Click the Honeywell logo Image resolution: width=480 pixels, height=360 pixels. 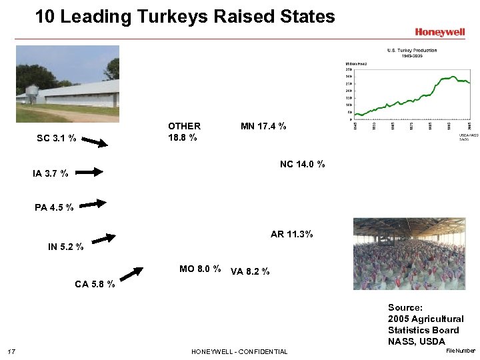439,31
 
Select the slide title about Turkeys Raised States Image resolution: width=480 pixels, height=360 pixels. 185,16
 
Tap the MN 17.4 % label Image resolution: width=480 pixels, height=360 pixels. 263,126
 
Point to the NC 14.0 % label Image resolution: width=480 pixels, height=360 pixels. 302,164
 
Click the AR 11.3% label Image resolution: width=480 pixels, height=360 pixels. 291,235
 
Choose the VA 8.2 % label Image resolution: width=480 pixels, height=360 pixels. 250,271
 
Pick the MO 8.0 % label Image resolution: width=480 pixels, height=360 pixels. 200,269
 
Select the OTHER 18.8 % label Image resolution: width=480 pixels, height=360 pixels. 183,131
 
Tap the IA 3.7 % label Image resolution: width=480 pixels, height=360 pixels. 50,174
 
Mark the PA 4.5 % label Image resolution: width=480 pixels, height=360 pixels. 54,207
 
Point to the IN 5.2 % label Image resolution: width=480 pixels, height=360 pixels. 65,247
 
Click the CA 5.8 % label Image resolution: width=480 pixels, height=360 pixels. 95,284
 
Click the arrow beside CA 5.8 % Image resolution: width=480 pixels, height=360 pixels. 131,275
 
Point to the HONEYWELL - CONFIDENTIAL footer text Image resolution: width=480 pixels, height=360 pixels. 239,351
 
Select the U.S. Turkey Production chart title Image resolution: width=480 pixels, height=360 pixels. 412,53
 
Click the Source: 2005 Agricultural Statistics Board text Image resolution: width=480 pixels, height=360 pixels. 425,325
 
